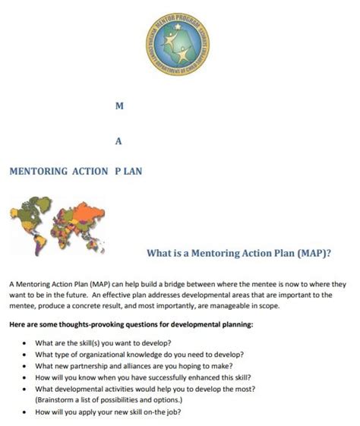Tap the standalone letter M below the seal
pos(118,108)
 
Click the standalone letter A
pos(118,140)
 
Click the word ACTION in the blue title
pos(89,171)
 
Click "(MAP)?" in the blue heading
pos(317,252)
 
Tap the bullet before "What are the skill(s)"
pos(26,342)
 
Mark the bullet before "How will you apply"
pos(26,412)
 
